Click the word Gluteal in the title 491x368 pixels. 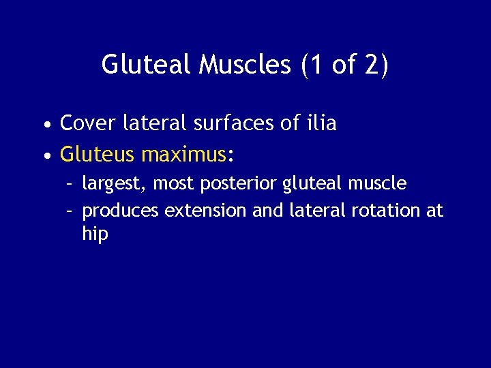click(147, 65)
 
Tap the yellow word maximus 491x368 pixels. click(183, 155)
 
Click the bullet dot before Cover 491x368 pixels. click(45, 126)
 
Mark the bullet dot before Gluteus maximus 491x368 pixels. click(45, 157)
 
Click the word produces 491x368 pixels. click(120, 211)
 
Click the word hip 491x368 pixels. click(95, 234)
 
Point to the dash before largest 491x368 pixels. click(70, 184)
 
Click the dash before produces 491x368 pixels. click(70, 211)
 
